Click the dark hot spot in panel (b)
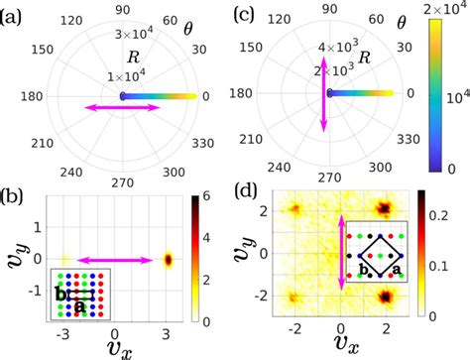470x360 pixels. click(x=168, y=260)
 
